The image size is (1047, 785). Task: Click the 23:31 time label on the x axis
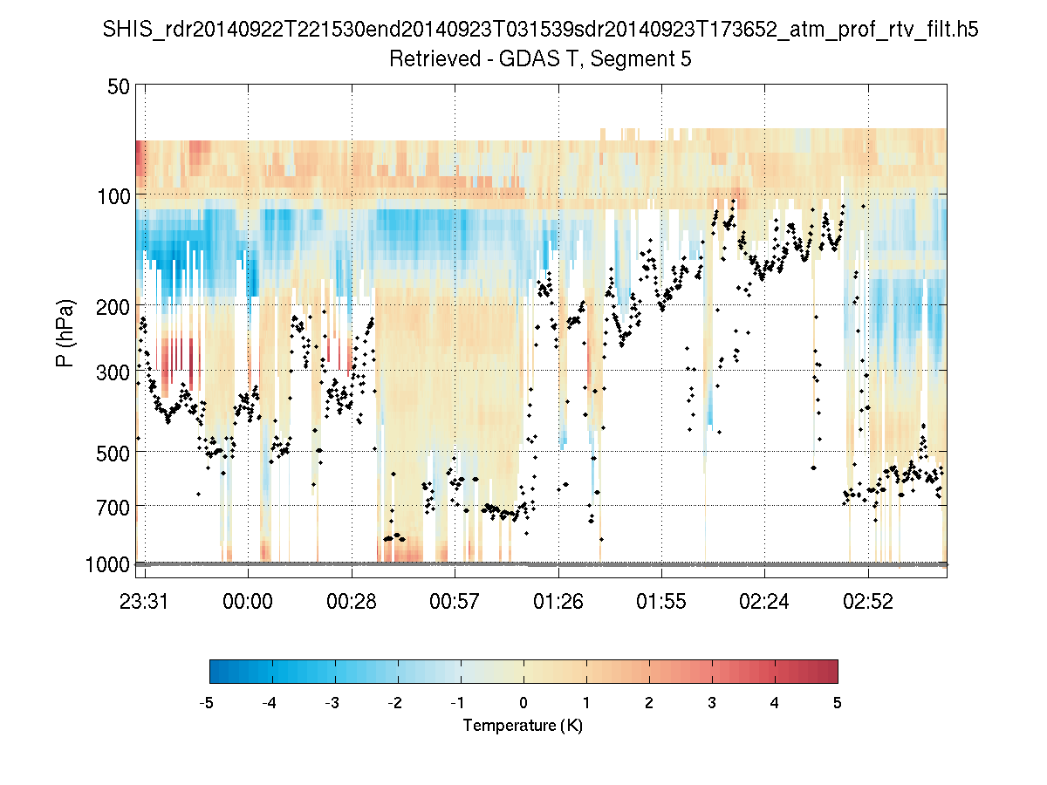tap(145, 601)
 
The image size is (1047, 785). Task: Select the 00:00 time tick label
tap(249, 601)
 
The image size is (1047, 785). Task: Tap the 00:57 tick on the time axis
tap(455, 601)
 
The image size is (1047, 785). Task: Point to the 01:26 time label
tap(558, 601)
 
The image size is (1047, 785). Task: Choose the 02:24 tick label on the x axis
tap(764, 601)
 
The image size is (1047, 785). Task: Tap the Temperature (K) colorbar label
tap(523, 726)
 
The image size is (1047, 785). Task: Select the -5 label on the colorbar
tap(208, 703)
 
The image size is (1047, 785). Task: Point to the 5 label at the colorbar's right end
tap(838, 703)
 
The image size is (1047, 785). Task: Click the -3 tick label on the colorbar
tap(332, 703)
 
